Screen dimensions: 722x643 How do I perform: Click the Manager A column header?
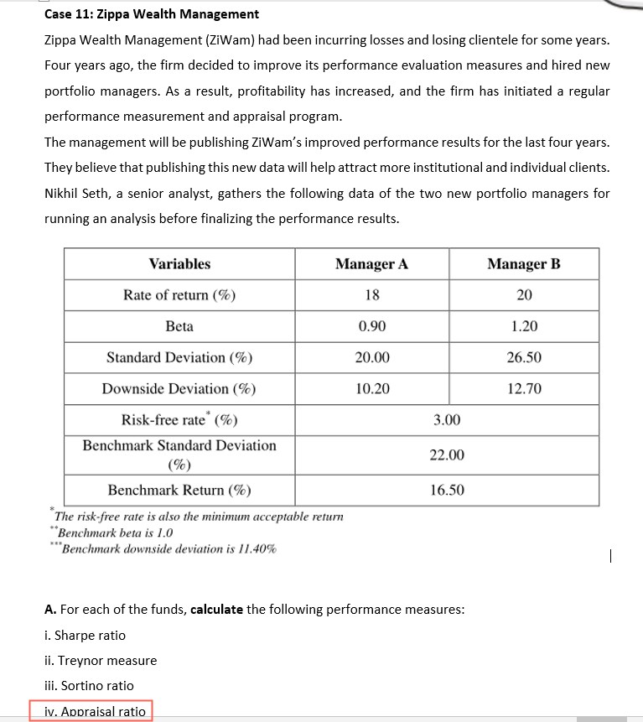point(371,264)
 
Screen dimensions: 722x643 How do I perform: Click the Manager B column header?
point(524,264)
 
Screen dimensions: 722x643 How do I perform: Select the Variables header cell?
point(179,264)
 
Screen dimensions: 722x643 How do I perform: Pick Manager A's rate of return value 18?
point(371,295)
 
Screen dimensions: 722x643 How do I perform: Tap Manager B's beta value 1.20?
point(524,326)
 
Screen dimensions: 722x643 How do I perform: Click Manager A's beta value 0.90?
point(371,326)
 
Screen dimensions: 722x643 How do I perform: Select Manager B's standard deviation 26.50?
point(524,357)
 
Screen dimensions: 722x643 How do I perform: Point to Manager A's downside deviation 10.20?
point(371,388)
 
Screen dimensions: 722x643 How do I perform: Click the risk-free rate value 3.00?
point(447,419)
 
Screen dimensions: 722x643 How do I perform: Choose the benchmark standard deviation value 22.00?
point(447,454)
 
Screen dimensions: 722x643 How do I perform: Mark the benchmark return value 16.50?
point(447,490)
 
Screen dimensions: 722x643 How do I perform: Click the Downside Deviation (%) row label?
point(179,388)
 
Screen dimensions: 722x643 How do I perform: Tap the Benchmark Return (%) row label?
point(179,490)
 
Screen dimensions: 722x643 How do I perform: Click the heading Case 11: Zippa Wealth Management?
point(152,14)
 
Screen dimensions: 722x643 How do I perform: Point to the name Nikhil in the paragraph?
point(63,194)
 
